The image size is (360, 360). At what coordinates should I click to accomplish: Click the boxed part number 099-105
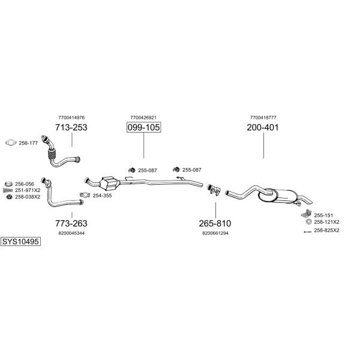[x=144, y=127]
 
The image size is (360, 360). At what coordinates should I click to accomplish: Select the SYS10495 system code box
[x=20, y=242]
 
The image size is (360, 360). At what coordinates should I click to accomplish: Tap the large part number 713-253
[x=71, y=127]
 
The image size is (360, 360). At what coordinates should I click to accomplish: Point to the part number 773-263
[x=71, y=223]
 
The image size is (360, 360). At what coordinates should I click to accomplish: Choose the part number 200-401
[x=263, y=127]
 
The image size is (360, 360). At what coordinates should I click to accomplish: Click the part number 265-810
[x=215, y=223]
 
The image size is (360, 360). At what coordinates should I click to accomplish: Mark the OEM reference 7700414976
[x=71, y=118]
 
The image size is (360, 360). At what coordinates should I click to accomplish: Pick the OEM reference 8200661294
[x=215, y=233]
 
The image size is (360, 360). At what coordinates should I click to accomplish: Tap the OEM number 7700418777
[x=263, y=118]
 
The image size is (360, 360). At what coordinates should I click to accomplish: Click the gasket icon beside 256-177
[x=11, y=143]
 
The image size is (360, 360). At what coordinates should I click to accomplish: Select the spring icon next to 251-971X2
[x=8, y=190]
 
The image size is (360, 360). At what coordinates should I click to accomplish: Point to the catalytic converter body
[x=110, y=183]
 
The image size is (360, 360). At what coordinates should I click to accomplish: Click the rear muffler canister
[x=279, y=196]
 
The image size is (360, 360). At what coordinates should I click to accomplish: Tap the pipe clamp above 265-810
[x=214, y=190]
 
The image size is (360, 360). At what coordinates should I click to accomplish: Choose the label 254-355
[x=102, y=196]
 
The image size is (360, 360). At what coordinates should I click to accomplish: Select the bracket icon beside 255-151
[x=306, y=214]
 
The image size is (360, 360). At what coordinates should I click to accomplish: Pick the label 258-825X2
[x=326, y=230]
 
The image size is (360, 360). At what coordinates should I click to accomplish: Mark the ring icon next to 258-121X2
[x=309, y=222]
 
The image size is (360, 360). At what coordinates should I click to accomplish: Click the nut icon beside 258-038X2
[x=9, y=197]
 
